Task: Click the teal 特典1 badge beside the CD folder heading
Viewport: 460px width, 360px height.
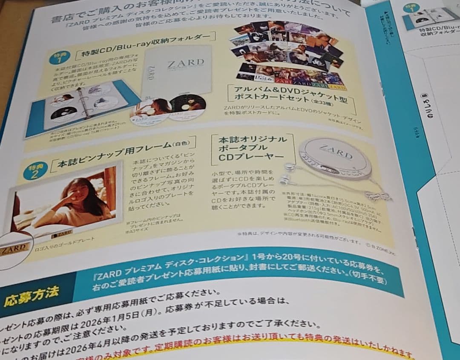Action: (59, 57)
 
